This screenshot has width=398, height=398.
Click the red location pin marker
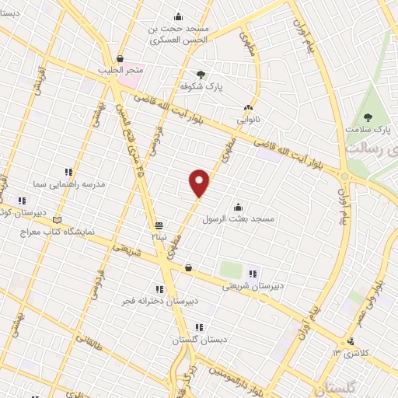point(200,183)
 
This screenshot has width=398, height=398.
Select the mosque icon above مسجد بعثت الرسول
point(238,207)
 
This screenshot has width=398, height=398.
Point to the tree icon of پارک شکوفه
point(202,75)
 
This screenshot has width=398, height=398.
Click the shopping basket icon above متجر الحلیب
point(120,58)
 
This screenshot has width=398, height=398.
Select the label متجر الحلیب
point(120,70)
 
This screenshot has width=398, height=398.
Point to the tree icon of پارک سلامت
point(368,118)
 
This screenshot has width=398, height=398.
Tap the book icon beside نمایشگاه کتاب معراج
point(54,220)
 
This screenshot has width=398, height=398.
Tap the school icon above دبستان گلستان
point(199,328)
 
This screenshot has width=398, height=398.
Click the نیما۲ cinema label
point(159,234)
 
